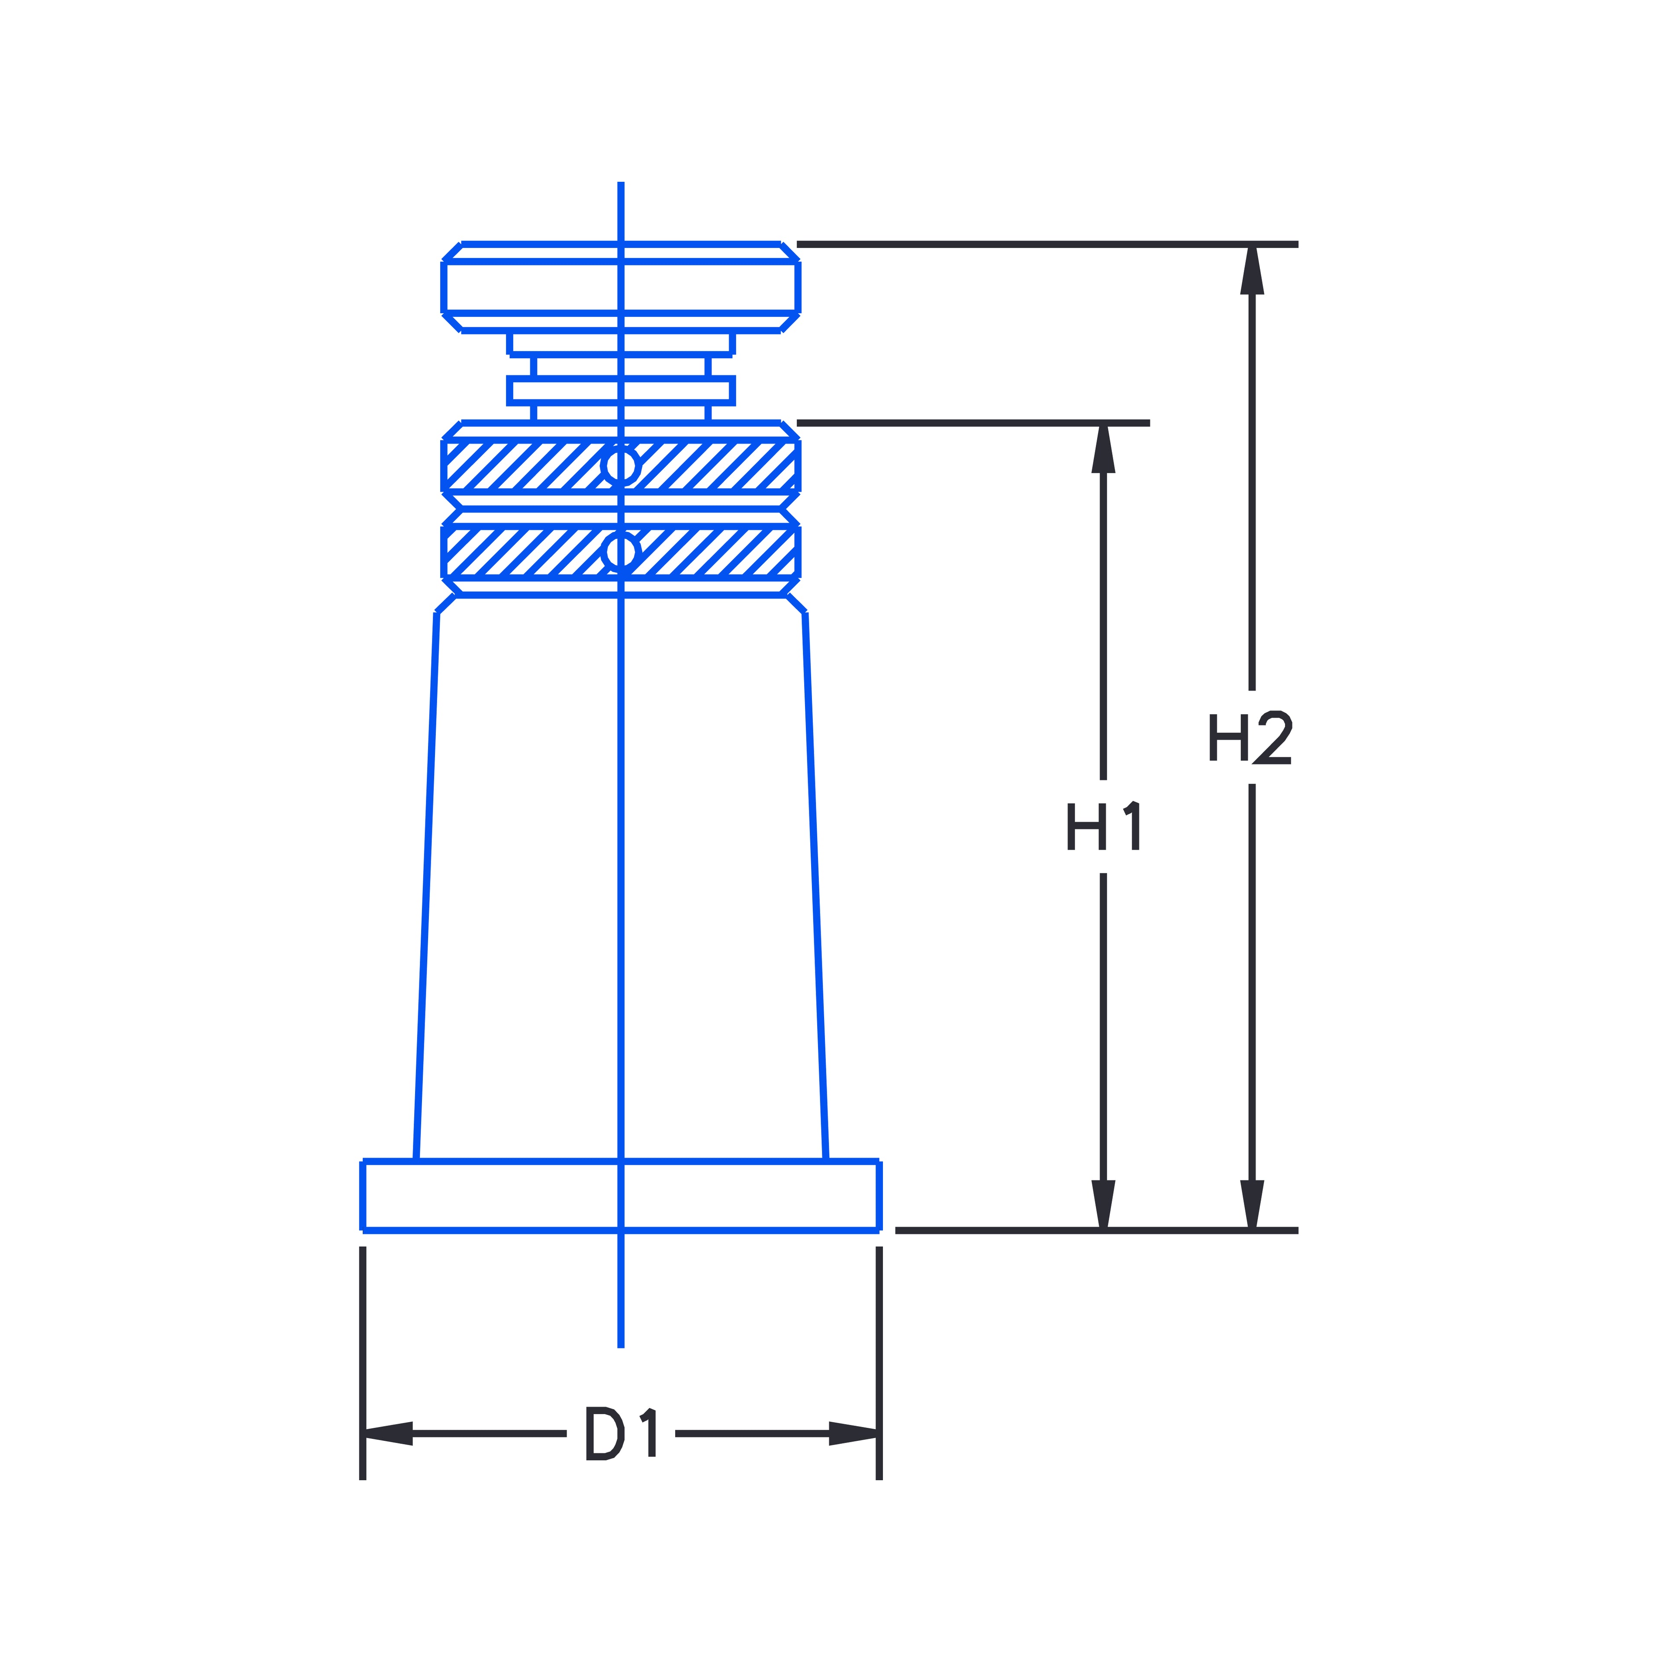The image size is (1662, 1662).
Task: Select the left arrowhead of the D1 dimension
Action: coord(388,1433)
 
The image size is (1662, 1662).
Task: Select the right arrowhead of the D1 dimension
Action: coord(854,1433)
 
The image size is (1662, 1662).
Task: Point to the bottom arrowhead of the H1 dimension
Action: coord(1103,1205)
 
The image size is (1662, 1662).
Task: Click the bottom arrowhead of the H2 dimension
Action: coord(1252,1205)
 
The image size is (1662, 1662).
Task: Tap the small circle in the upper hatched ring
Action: coord(620,465)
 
